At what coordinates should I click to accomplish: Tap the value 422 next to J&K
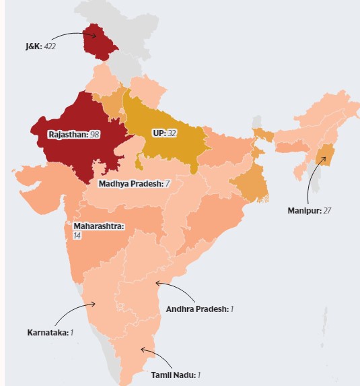[50, 47]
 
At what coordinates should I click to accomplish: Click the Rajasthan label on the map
[68, 134]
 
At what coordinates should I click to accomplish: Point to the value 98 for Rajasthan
[94, 134]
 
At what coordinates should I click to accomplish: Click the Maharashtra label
[99, 226]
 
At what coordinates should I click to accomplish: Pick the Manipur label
[301, 210]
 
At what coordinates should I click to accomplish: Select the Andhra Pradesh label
[194, 309]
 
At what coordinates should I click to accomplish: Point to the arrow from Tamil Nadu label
[151, 356]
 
